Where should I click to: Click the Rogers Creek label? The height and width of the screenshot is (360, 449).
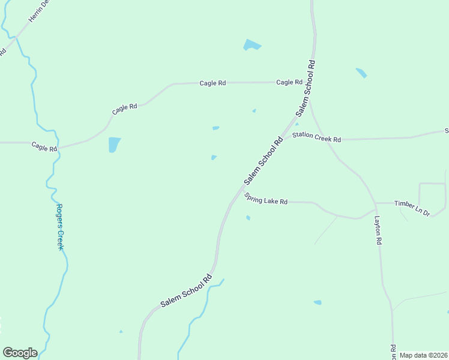tap(61, 227)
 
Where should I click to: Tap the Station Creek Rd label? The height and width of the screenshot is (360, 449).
tap(316, 137)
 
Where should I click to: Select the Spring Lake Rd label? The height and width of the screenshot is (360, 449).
tap(267, 199)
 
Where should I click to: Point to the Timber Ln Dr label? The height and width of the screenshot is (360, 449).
tap(412, 208)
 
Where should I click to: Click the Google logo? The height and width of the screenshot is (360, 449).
tap(20, 352)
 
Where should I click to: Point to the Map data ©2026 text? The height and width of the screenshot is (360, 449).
tap(423, 355)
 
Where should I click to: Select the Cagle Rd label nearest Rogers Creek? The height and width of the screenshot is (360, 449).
tap(44, 146)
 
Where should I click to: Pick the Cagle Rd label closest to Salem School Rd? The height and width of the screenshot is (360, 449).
tap(289, 82)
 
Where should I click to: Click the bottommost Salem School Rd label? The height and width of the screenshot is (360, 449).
tap(187, 291)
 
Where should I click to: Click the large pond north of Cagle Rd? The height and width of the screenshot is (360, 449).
tap(252, 45)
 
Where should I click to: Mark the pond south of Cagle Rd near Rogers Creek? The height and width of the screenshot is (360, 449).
tap(114, 144)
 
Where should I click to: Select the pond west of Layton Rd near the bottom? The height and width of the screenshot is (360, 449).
tap(318, 302)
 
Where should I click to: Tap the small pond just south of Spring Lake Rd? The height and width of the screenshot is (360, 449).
tap(248, 218)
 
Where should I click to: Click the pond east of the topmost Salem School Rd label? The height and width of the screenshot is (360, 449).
tap(361, 73)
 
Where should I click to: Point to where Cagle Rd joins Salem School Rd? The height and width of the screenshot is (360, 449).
tap(311, 82)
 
